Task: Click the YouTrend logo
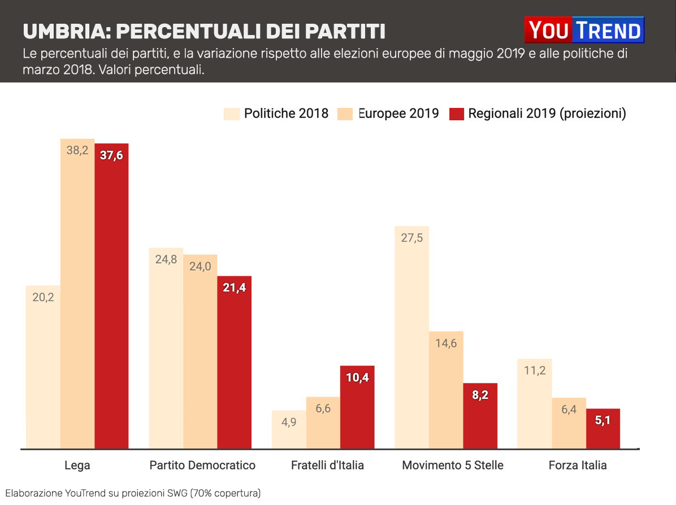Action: tap(584, 30)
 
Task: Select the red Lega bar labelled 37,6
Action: tap(111, 296)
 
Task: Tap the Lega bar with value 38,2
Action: tap(77, 294)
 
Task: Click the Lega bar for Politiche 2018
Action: tap(43, 367)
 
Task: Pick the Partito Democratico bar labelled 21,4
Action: tap(235, 362)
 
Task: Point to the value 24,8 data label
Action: tap(166, 260)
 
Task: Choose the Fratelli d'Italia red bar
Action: tap(357, 407)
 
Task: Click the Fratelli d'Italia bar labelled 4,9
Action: tap(289, 429)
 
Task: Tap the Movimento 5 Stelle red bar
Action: tap(480, 416)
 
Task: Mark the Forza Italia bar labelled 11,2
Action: tap(535, 403)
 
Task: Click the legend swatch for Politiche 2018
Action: tap(232, 114)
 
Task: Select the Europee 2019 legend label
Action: tap(398, 114)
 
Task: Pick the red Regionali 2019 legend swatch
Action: tap(457, 114)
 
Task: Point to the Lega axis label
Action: tap(77, 465)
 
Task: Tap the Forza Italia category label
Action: tap(578, 465)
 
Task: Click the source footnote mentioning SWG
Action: tap(133, 493)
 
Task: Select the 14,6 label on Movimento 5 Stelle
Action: tap(446, 343)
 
